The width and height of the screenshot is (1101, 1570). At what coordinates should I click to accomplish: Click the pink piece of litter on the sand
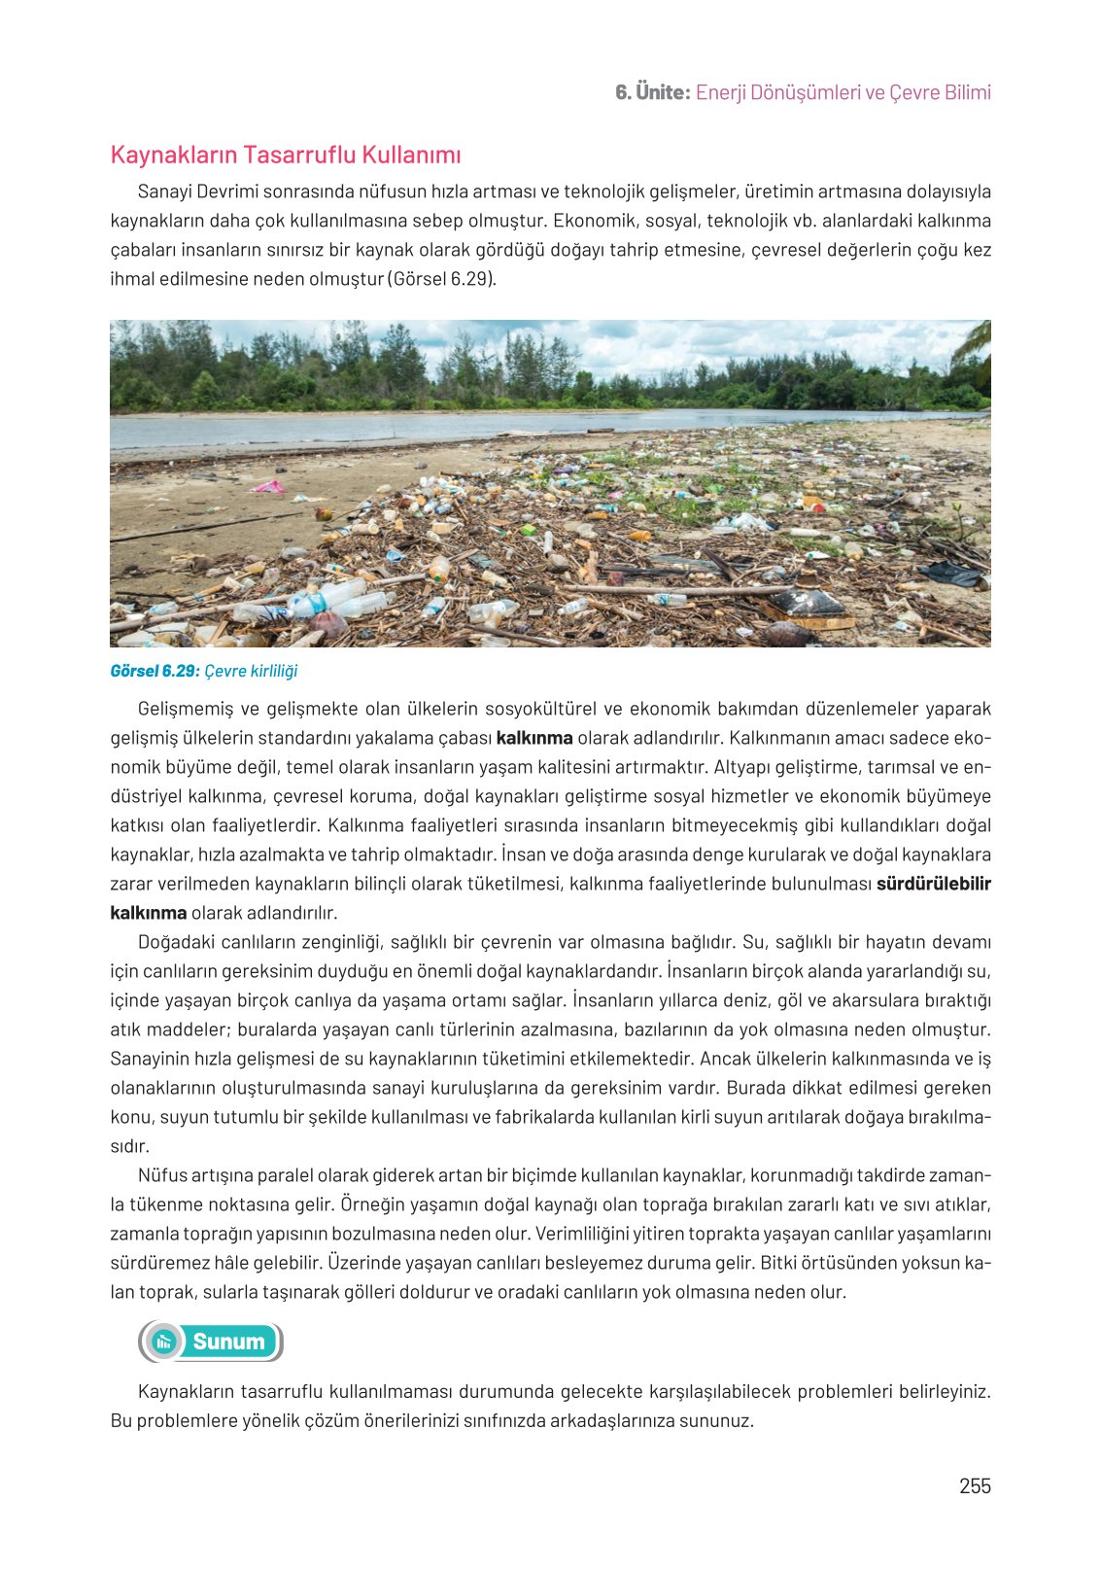[x=269, y=486]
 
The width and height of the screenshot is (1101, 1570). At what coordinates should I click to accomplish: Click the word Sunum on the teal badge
[x=228, y=1342]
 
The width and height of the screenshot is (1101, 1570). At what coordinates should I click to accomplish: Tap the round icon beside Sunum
[x=165, y=1342]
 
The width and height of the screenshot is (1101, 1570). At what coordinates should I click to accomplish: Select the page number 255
[x=975, y=1485]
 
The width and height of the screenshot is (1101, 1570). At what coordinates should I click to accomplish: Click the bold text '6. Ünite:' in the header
[x=652, y=92]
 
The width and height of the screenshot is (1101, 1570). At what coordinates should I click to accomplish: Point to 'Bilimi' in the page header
[x=967, y=92]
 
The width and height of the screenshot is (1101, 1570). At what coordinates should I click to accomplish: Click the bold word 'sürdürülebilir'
[x=933, y=884]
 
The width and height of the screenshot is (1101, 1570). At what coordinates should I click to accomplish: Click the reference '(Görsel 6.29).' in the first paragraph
[x=442, y=279]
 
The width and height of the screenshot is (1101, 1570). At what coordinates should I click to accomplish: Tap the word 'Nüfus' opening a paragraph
[x=162, y=1175]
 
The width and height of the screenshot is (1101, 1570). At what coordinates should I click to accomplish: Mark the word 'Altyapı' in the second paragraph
[x=744, y=767]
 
